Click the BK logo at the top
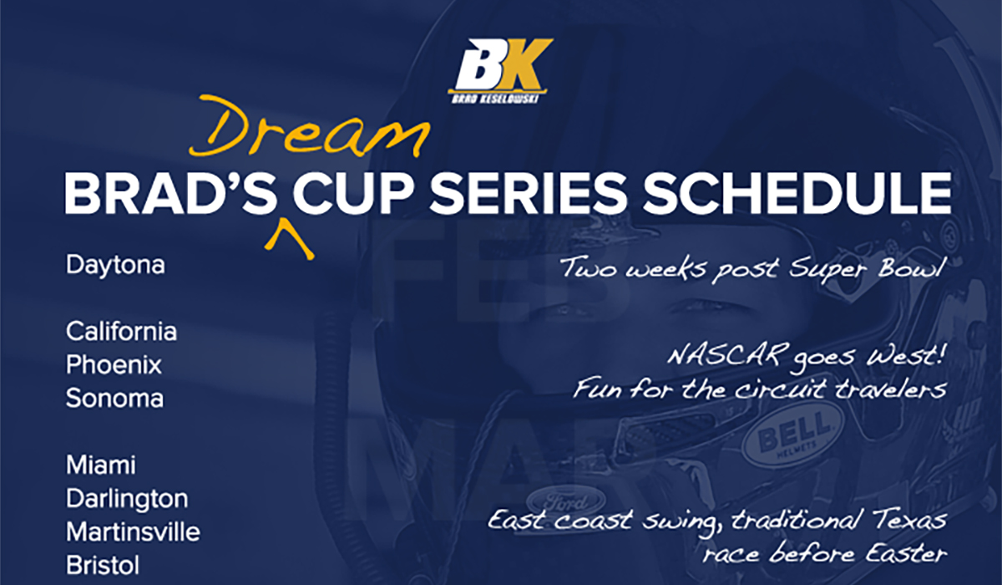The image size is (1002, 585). point(500,70)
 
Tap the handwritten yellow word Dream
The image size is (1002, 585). point(310,127)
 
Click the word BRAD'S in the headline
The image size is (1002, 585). point(171,193)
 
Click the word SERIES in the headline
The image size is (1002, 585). point(528,193)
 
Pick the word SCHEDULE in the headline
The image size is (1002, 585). point(797,193)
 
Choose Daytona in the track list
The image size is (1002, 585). point(115,266)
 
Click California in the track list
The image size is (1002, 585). point(121,332)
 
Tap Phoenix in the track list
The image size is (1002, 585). point(114,364)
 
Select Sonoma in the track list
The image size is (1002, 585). point(114,398)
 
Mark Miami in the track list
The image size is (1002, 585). point(101,465)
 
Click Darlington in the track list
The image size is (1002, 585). point(127,499)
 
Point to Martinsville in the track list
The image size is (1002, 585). point(133,532)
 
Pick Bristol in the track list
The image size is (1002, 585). point(103,565)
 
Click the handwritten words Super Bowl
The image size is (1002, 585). point(867,269)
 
